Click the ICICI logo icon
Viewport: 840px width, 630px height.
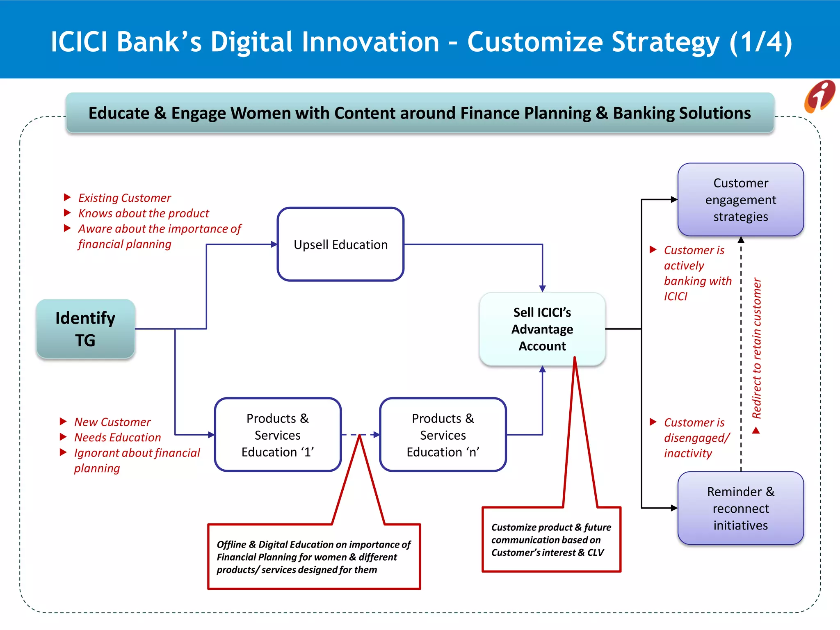coord(819,97)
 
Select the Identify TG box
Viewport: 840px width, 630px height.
coord(85,329)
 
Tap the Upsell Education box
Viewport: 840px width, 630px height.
coord(340,244)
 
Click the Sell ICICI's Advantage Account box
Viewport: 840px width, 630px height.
coord(542,329)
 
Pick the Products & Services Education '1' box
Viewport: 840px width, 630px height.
coord(278,435)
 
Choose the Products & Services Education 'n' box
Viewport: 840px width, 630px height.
coord(443,435)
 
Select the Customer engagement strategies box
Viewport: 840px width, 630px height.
coord(740,200)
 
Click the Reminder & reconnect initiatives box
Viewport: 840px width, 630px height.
coord(740,508)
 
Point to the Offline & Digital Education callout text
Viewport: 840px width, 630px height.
coord(314,557)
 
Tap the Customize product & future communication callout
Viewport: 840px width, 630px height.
coord(551,539)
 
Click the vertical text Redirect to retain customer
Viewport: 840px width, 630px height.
coord(757,349)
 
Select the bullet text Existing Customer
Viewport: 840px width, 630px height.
coord(124,198)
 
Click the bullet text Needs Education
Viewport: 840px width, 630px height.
coord(117,438)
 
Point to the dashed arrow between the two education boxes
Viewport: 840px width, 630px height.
coord(360,435)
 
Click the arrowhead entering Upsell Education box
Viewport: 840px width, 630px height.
coord(274,244)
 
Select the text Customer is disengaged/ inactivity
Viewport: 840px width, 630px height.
coord(696,438)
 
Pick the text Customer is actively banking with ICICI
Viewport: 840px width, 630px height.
coord(697,273)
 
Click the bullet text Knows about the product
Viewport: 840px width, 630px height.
coord(144,214)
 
